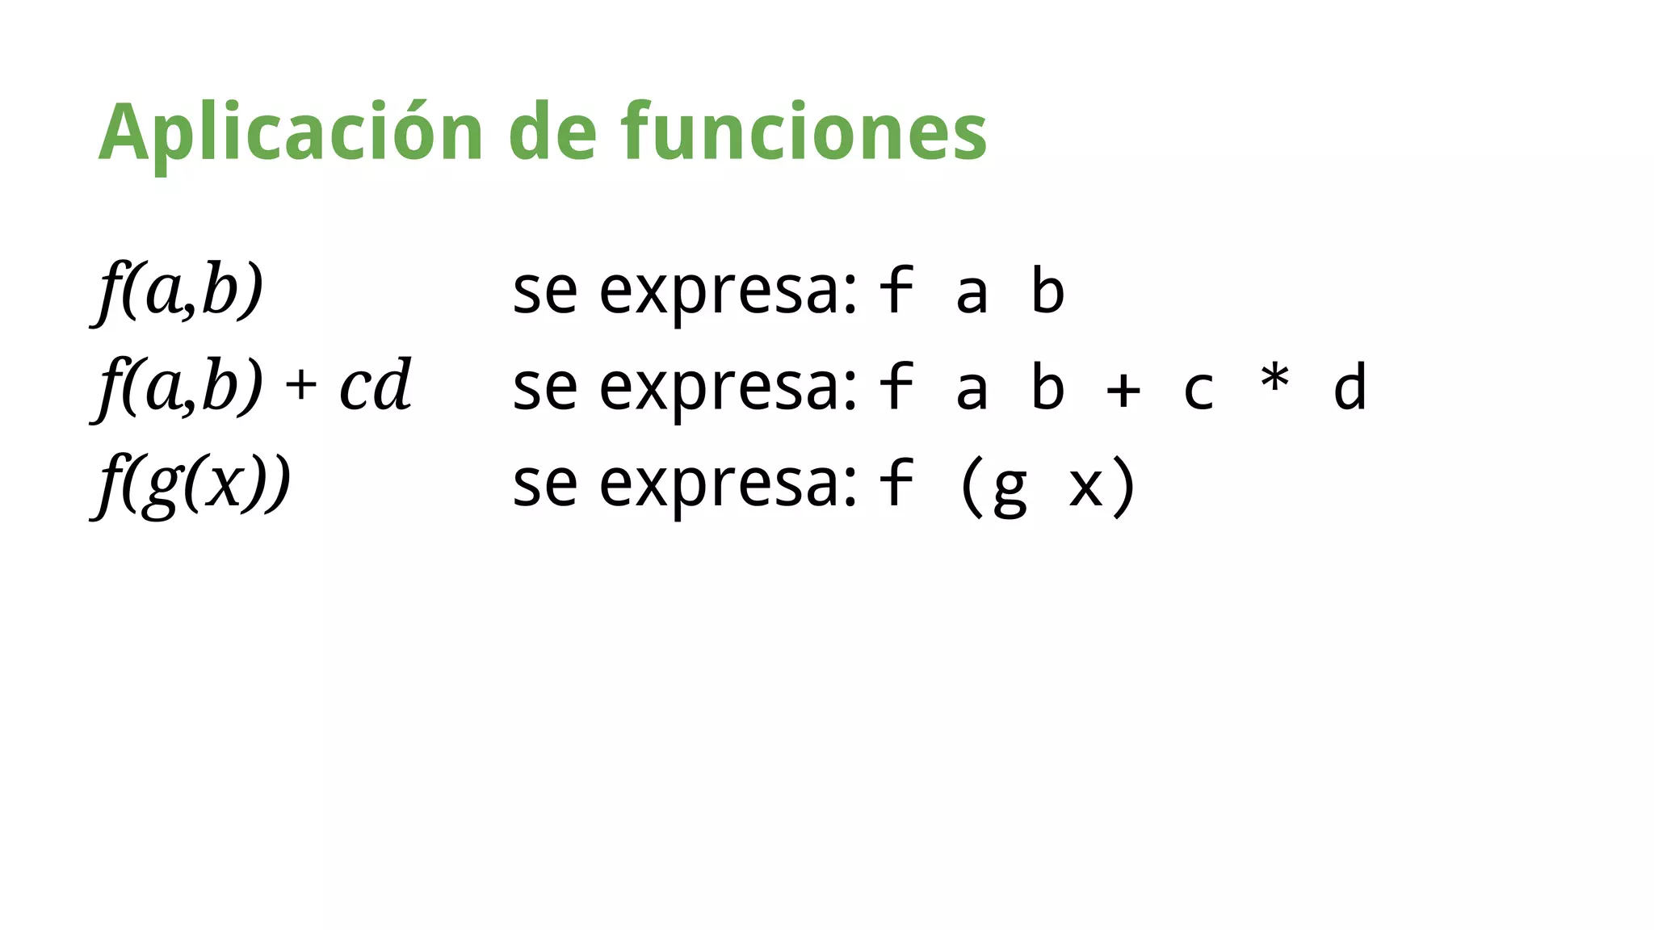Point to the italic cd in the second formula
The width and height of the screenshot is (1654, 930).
[x=375, y=386]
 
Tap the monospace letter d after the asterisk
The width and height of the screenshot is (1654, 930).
[x=1350, y=387]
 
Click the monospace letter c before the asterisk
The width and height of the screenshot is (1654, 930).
[x=1199, y=391]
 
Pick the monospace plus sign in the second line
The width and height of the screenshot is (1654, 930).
[x=1123, y=390]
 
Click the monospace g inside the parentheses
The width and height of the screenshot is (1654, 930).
[x=1010, y=489]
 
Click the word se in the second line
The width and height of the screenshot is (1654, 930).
[x=545, y=388]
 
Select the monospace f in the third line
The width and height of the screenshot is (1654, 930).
[x=896, y=482]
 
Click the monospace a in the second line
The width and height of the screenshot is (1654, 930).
[x=972, y=390]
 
